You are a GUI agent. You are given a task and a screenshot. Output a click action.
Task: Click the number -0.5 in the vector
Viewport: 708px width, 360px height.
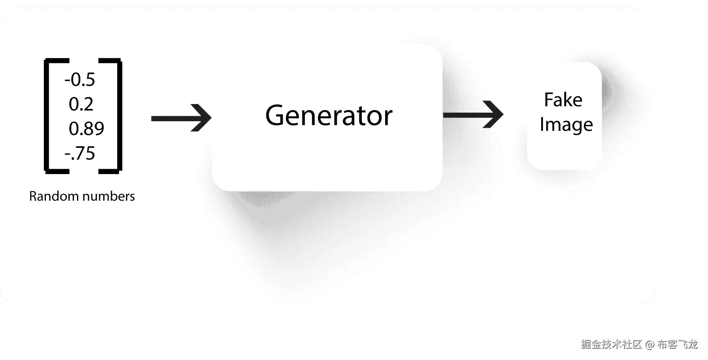80,79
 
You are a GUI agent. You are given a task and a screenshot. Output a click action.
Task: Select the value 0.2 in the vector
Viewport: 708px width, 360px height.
81,104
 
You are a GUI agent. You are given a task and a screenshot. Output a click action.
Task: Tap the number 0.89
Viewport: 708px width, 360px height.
86,129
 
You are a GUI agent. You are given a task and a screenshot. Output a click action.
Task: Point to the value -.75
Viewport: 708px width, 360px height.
80,153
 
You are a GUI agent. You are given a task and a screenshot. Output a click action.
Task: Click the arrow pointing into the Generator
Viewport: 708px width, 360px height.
181,118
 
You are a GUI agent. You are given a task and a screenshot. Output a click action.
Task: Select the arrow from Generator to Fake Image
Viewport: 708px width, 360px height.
473,115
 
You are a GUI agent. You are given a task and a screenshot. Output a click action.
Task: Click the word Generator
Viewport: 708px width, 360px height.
329,115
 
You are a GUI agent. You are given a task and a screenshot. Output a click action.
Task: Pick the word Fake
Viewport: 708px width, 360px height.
563,100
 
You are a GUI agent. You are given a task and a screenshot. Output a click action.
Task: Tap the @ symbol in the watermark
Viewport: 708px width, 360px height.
649,344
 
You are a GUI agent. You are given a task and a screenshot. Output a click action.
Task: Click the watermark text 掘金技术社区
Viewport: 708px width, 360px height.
611,344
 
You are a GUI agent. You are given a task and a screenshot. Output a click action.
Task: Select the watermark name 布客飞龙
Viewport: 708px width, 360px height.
677,344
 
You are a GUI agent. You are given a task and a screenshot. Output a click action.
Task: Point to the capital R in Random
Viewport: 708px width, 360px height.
33,196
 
